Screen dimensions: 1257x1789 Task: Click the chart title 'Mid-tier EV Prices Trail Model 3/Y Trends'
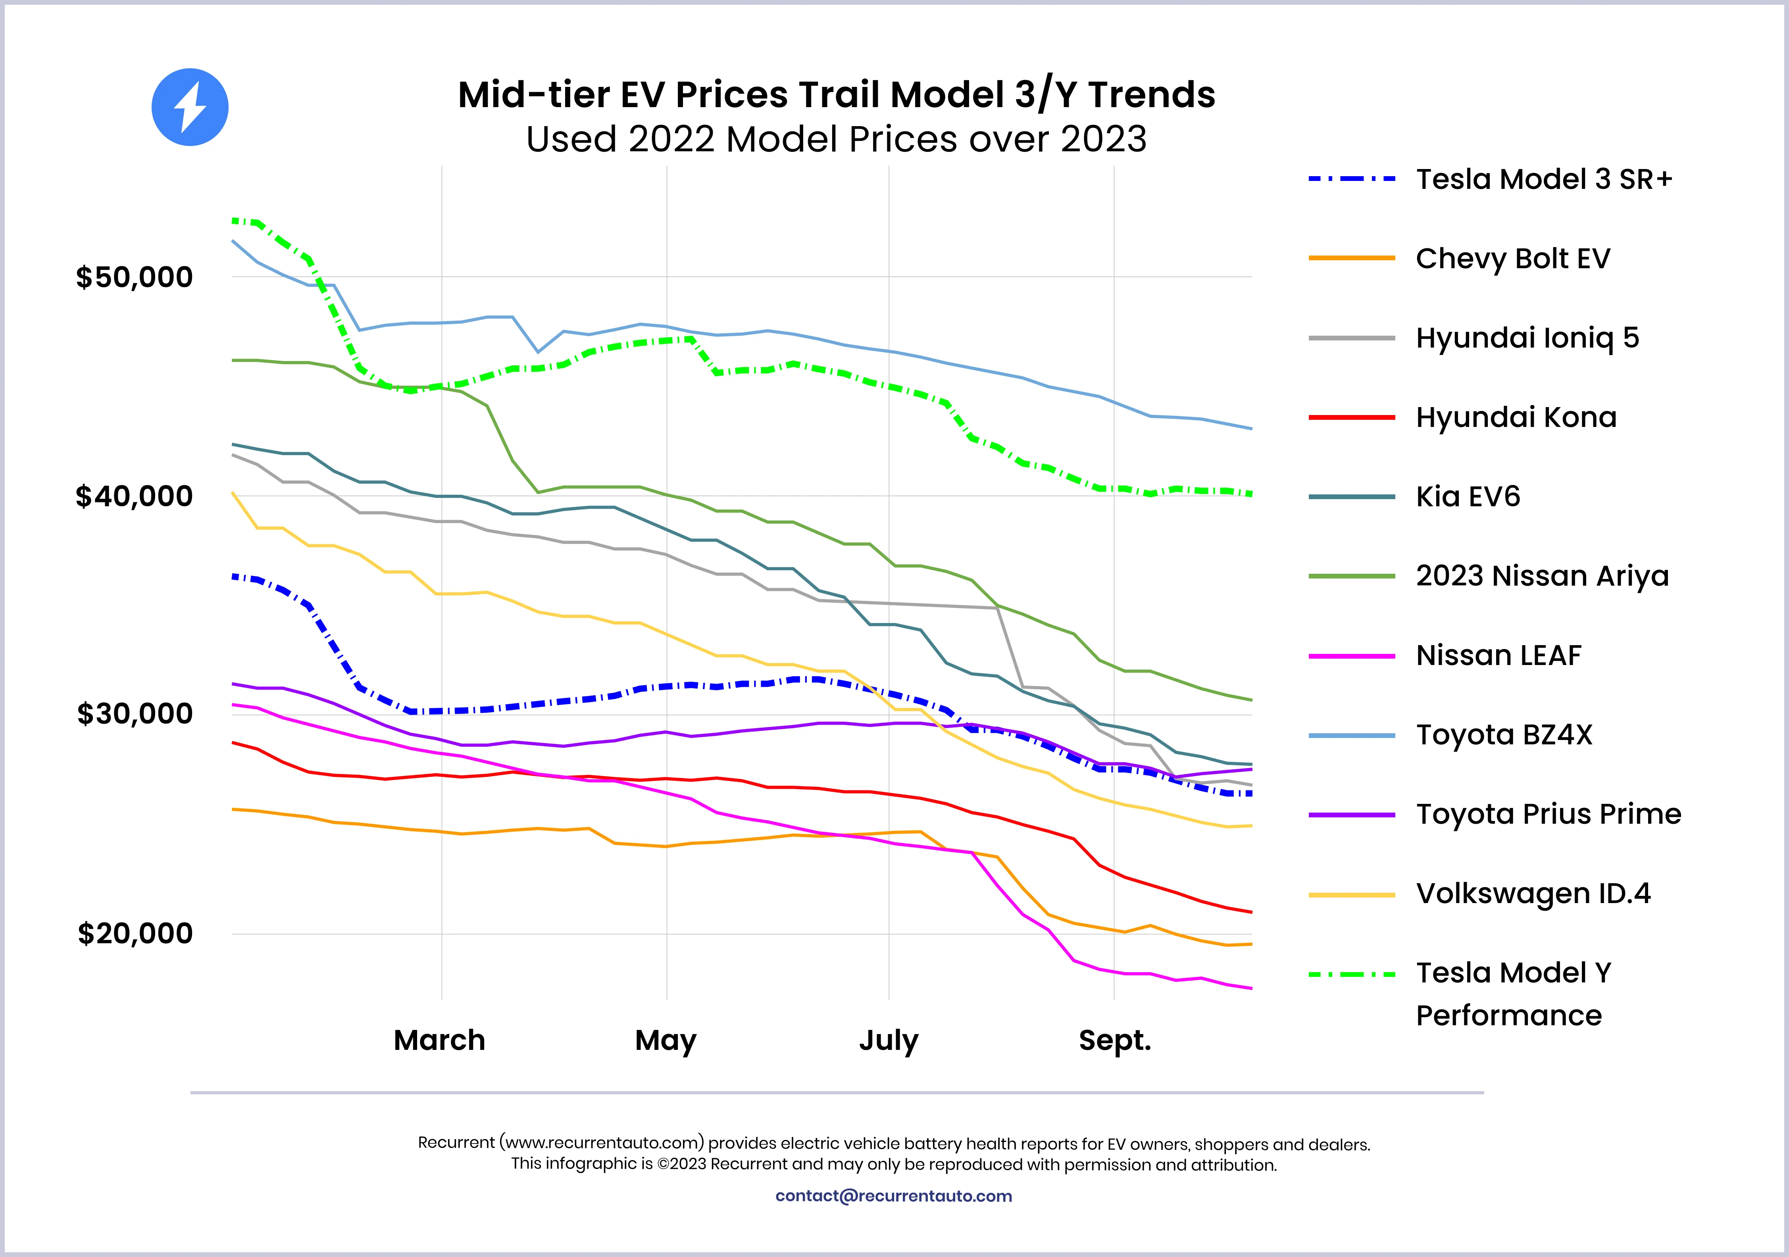coord(836,95)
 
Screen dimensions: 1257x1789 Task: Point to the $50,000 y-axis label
coord(134,277)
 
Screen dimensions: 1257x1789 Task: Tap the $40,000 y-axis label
coord(134,496)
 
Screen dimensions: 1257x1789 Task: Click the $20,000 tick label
coord(134,933)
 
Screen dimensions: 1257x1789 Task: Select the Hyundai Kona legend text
coord(1516,417)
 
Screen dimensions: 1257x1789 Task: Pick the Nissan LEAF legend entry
coord(1499,656)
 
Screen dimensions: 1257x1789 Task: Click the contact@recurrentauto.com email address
coord(894,1196)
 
